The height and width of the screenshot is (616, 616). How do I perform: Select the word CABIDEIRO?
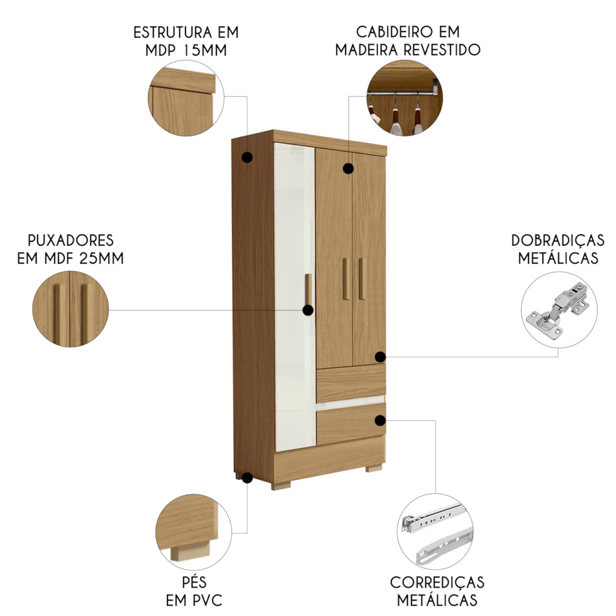(x=395, y=31)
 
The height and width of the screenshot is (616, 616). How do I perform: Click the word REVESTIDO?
(x=442, y=50)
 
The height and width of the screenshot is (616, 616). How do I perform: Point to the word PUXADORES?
(x=71, y=240)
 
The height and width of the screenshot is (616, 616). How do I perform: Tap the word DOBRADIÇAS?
(x=558, y=240)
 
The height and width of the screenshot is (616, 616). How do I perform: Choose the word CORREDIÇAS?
(x=437, y=582)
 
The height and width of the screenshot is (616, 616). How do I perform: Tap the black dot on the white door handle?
(x=308, y=310)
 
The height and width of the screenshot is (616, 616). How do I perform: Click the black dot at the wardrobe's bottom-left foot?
(x=247, y=478)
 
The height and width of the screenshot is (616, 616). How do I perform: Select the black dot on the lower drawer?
(x=380, y=420)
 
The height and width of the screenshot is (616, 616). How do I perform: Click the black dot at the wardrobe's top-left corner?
(x=247, y=158)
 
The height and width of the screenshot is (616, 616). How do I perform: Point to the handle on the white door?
(x=309, y=290)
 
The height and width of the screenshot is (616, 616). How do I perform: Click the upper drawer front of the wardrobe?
(x=351, y=383)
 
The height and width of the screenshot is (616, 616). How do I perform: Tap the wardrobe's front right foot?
(x=374, y=468)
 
